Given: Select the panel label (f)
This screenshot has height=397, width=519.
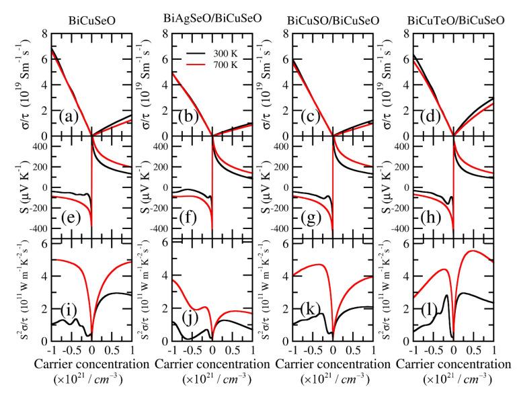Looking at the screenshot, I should point(191,218).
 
